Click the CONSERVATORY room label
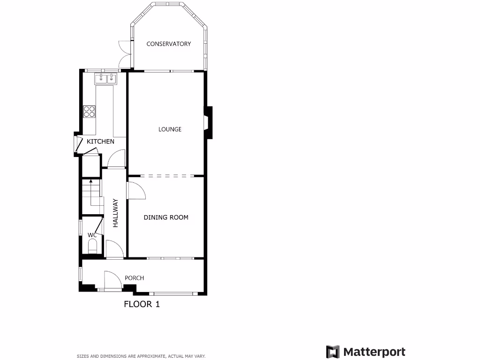click(169, 44)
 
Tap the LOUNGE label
click(170, 129)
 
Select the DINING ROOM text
click(166, 217)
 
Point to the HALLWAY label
click(115, 213)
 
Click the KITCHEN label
click(100, 142)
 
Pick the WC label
click(92, 235)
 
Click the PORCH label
click(134, 278)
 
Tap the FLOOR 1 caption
click(142, 304)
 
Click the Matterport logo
click(366, 352)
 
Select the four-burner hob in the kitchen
click(89, 111)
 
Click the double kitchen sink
click(105, 78)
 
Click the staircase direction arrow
click(91, 181)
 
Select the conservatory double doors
click(124, 53)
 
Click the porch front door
click(112, 280)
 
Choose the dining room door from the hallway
click(136, 190)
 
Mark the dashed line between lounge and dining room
click(166, 176)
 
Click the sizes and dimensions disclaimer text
click(141, 356)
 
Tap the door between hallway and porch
click(114, 249)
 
